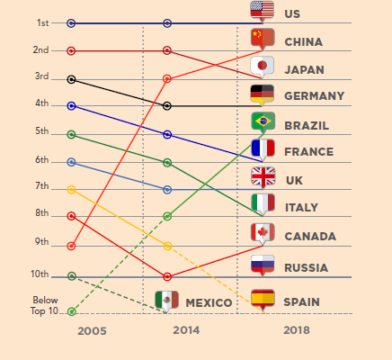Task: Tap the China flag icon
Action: pos(262,38)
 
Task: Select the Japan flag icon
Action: pos(262,66)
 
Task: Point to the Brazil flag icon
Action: pos(262,121)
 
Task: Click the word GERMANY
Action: pos(314,96)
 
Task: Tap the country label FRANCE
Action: pos(308,152)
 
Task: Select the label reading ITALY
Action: pos(301,208)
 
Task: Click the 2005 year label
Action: pos(92,331)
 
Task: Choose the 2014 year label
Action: pos(186,331)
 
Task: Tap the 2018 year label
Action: pos(296,331)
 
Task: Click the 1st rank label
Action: pos(43,22)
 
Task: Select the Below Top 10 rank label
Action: pos(45,306)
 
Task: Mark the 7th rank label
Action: pos(42,186)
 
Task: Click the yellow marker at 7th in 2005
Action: pos(72,189)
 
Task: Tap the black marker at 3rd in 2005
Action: pos(72,79)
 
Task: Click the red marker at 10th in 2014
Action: pos(167,275)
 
